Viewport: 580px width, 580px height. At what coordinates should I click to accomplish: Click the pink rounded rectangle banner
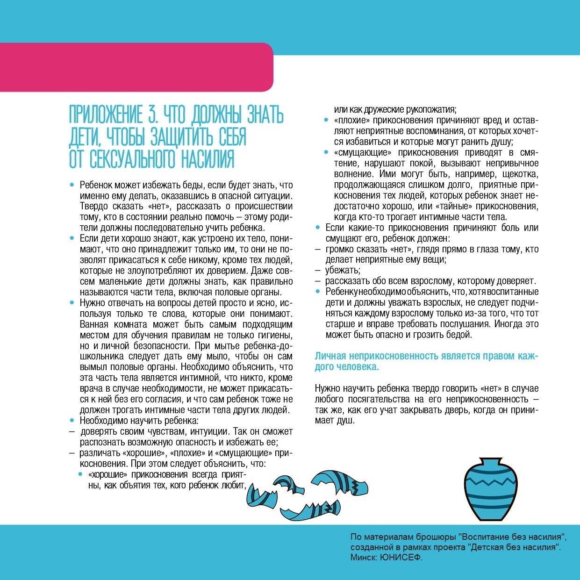click(x=136, y=67)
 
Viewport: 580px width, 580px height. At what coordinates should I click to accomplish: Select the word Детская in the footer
click(x=485, y=547)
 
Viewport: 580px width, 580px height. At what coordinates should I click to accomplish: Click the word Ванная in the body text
click(x=93, y=324)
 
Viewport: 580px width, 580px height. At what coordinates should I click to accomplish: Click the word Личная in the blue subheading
click(x=330, y=356)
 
